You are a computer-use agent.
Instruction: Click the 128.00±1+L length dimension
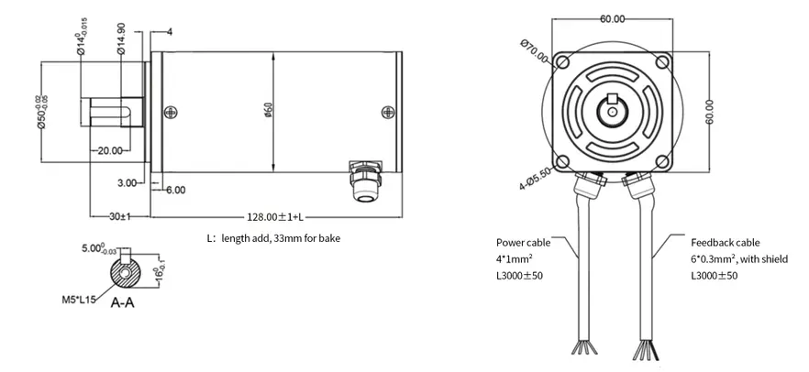[275, 216]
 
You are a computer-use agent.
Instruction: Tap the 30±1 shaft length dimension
[116, 216]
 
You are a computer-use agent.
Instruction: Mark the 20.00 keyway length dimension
[109, 150]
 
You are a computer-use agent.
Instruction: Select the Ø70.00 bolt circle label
[534, 51]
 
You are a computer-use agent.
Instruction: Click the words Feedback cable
[725, 243]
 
